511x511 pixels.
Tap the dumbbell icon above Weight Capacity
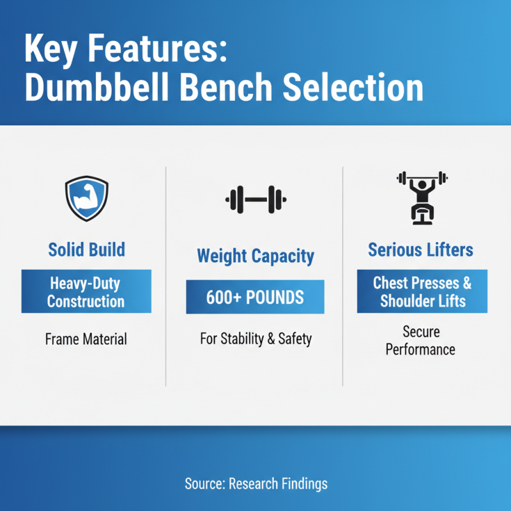[x=255, y=200]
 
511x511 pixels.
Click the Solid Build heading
[x=86, y=249]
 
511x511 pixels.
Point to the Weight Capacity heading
[x=256, y=257]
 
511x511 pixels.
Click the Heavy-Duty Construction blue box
[x=86, y=291]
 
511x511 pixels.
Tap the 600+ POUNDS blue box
[x=255, y=298]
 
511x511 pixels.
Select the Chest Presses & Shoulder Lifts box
[x=422, y=291]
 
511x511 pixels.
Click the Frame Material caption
[x=86, y=339]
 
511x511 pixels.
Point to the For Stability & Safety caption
[x=256, y=339]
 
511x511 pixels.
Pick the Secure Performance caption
[x=421, y=340]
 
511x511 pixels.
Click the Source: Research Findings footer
[x=256, y=484]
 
